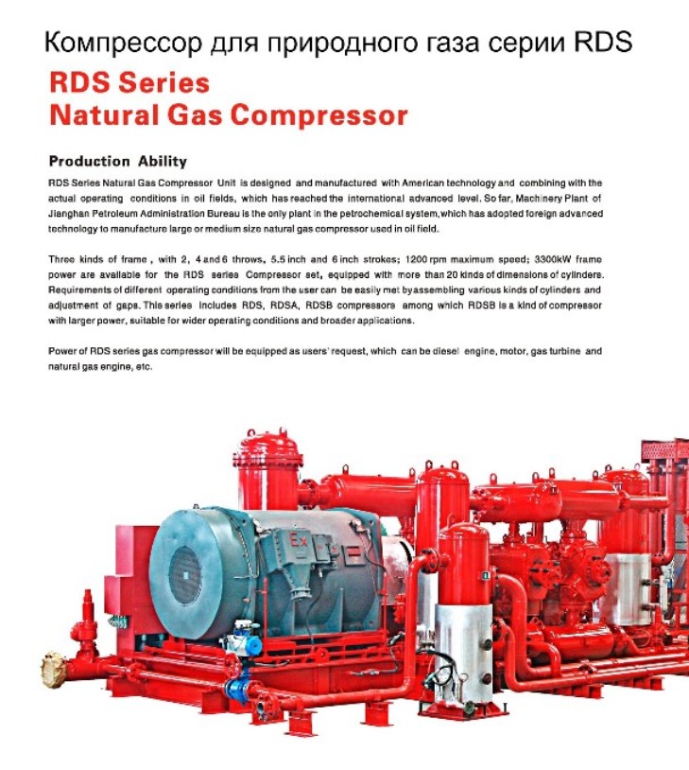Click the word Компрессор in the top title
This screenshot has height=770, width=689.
click(123, 43)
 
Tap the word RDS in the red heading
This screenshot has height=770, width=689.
click(79, 82)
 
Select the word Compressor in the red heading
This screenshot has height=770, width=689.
click(319, 116)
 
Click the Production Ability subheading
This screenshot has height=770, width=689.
click(118, 161)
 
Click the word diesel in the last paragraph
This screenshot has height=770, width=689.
click(445, 352)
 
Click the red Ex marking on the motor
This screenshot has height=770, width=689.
click(299, 541)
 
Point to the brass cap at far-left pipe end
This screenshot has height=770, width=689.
click(54, 669)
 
